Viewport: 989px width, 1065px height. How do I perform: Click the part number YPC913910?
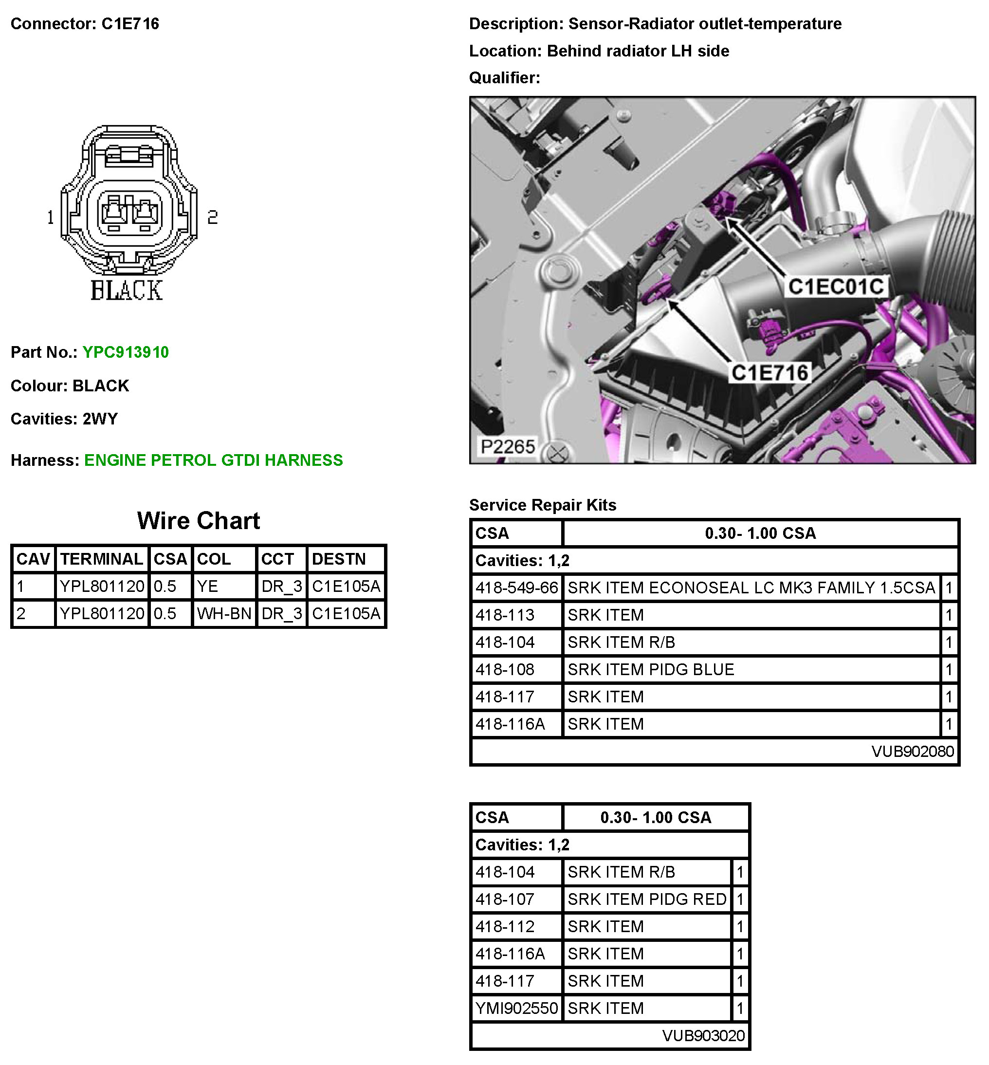click(125, 352)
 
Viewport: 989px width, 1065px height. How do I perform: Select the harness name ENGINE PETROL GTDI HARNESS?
click(213, 460)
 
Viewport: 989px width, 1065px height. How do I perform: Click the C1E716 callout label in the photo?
click(769, 373)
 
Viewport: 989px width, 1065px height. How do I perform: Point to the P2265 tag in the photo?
click(507, 446)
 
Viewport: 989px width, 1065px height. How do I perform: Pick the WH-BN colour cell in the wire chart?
click(224, 613)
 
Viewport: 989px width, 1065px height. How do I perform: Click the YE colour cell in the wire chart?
click(208, 586)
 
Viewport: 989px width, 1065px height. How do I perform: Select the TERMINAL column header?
click(101, 559)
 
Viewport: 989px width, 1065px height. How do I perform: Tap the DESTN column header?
click(339, 559)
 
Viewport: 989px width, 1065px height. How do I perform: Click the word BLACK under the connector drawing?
click(126, 291)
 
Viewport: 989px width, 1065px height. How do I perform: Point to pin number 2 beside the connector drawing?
click(213, 217)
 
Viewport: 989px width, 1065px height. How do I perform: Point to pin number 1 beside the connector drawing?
click(50, 217)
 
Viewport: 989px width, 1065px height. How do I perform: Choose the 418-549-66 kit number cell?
click(516, 588)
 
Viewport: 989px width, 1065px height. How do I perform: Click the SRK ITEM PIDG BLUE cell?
click(650, 669)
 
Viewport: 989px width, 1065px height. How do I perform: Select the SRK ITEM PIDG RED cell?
click(646, 899)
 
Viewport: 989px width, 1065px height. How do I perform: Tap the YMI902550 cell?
click(516, 1008)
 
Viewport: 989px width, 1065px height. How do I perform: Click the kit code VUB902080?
click(912, 752)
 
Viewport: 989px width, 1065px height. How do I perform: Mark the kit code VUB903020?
click(703, 1036)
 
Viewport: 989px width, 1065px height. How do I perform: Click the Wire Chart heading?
click(198, 521)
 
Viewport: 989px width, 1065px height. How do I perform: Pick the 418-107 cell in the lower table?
click(505, 899)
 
